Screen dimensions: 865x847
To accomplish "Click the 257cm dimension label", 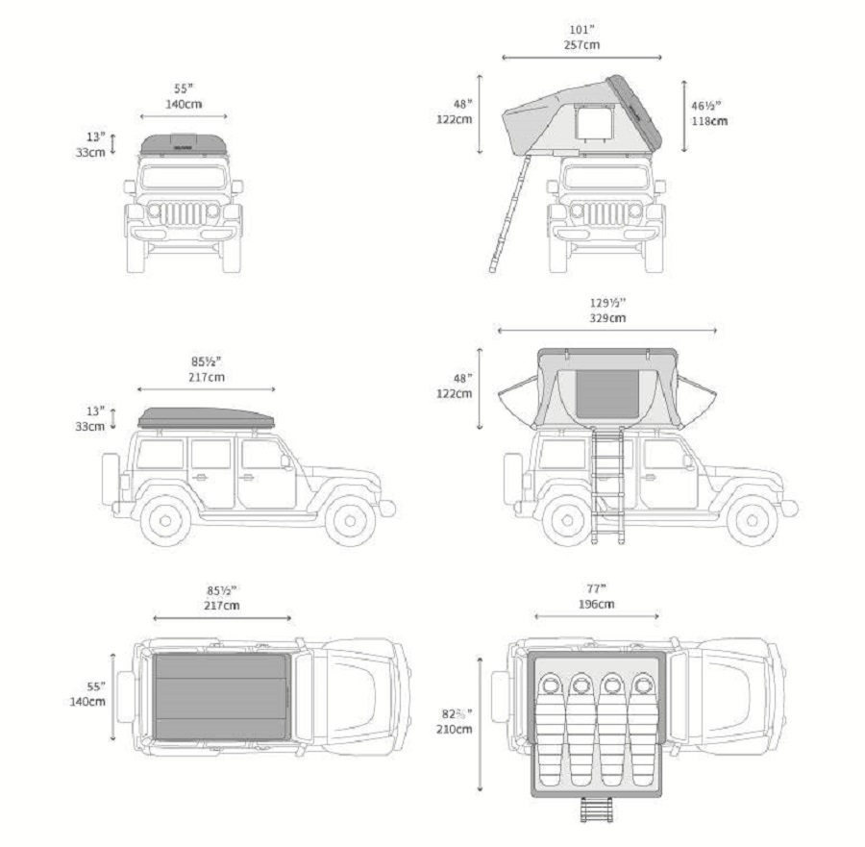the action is [581, 44].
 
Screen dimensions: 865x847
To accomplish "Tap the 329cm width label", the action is [607, 317].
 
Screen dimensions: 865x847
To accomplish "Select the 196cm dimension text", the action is [596, 604].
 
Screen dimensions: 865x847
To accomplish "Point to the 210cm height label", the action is [455, 729].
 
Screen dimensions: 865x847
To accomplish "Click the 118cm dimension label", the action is [709, 121].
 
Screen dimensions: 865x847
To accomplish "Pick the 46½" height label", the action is [709, 105].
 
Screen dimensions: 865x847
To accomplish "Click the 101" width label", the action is [581, 29].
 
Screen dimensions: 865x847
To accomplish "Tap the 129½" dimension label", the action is [607, 302].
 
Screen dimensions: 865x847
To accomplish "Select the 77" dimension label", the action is [596, 588].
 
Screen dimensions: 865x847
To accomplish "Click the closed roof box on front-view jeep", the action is [184, 144].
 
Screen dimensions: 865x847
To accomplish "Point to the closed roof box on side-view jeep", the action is [206, 417].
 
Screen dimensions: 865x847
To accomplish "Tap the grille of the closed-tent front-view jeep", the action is [184, 214].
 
